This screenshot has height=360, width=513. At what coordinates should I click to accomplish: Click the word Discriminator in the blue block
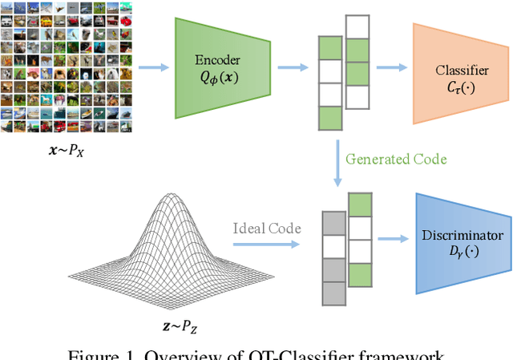coord(463,236)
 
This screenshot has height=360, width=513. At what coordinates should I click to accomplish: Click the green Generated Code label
coord(396,159)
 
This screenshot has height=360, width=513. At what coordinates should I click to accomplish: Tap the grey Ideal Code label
coord(268,229)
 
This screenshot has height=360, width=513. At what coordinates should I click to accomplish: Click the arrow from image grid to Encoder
coord(154,67)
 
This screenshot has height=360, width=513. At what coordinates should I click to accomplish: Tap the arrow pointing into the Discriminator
coord(393,238)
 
